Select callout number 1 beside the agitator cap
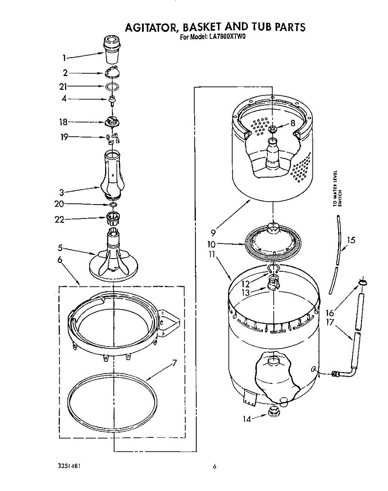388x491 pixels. coord(64,58)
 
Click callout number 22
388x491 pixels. coord(60,219)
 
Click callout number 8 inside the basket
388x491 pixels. coord(292,123)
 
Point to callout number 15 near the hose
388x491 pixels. coord(350,240)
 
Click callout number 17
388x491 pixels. coord(330,322)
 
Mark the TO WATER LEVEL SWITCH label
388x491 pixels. coord(337,188)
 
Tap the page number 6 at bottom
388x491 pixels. coord(214,467)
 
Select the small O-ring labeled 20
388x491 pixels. coord(113,204)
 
